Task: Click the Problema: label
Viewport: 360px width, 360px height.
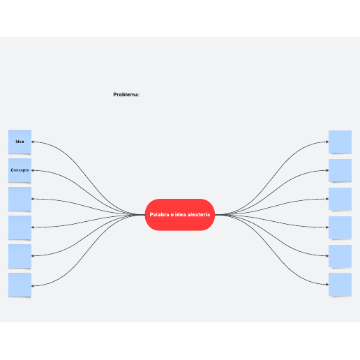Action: click(126, 94)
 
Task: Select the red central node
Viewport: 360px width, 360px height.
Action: click(180, 215)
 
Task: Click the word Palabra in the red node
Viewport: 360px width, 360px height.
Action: click(159, 215)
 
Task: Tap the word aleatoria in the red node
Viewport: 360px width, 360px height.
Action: click(199, 215)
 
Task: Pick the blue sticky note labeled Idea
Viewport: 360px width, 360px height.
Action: click(20, 142)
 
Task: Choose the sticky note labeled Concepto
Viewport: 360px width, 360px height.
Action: click(20, 170)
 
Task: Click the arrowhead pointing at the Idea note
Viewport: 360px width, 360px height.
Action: click(33, 142)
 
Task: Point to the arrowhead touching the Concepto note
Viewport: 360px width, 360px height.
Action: click(33, 170)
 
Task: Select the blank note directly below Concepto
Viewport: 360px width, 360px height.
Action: click(20, 199)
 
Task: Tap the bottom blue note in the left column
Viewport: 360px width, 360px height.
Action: click(20, 285)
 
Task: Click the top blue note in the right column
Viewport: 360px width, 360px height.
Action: click(340, 142)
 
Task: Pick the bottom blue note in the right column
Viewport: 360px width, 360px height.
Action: click(340, 285)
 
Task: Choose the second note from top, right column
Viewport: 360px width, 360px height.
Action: click(340, 170)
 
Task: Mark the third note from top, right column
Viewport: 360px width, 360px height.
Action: click(340, 199)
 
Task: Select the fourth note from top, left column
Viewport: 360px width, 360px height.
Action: click(20, 227)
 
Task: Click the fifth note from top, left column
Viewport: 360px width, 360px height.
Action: click(20, 256)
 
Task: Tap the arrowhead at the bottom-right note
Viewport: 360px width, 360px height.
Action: click(327, 285)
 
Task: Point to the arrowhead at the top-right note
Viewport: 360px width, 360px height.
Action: click(327, 142)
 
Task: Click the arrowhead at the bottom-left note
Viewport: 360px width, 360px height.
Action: click(33, 286)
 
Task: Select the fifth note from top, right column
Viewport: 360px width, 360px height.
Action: click(340, 256)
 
